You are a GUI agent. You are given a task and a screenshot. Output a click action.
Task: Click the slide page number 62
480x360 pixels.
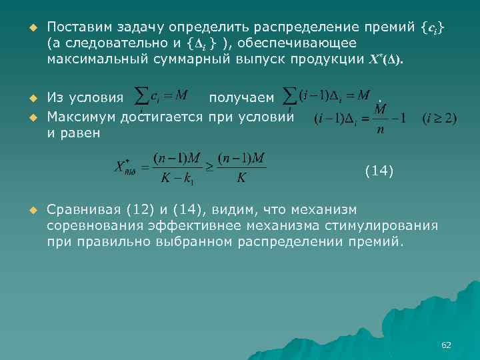[x=446, y=345]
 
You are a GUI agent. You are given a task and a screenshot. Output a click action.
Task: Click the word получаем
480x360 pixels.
[x=241, y=99]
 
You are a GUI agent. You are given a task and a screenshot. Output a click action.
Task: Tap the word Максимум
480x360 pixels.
[x=81, y=118]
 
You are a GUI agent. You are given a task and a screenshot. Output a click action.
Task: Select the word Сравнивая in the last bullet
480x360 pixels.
[x=83, y=210]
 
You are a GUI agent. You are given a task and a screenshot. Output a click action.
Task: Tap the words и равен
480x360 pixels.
[x=73, y=133]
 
